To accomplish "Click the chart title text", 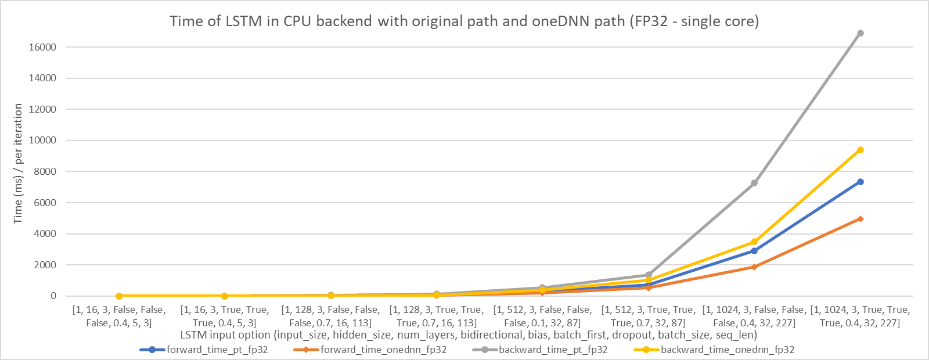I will click(464, 21).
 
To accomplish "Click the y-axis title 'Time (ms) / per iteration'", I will click(18, 164).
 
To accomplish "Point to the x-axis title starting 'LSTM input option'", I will click(468, 335).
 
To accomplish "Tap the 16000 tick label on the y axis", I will click(42, 47).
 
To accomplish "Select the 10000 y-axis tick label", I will click(42, 141).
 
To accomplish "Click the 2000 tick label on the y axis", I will click(45, 265).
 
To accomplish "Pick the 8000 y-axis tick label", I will click(45, 171).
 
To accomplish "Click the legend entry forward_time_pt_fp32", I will click(217, 350).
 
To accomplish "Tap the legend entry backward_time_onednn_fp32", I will click(727, 350).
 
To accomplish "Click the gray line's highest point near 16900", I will click(860, 33).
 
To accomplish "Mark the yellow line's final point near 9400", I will click(860, 150).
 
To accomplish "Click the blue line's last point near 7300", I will click(860, 182).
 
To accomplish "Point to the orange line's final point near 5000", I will click(860, 219).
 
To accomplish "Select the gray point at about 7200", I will click(754, 183).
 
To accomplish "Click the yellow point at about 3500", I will click(754, 242).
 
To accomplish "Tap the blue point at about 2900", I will click(754, 251).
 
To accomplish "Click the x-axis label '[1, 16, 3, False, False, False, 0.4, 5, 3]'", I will click(119, 316).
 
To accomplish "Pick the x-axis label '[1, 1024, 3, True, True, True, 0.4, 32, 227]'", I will click(860, 316).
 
